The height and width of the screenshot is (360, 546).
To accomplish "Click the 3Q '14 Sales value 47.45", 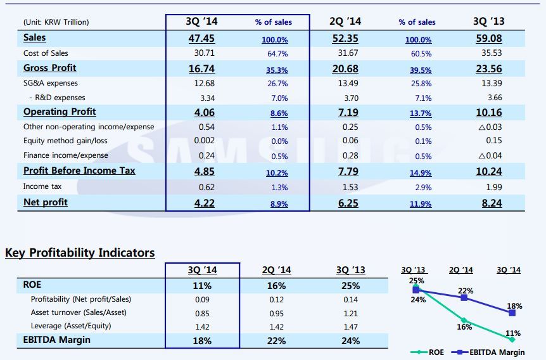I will [201, 38].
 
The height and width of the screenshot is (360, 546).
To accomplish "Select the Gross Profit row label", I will [49, 68].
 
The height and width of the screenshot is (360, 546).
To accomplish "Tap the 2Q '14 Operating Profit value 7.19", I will [345, 112].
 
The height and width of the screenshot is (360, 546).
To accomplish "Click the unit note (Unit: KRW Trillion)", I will [56, 22].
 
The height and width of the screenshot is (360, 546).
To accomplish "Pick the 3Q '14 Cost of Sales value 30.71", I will [201, 53].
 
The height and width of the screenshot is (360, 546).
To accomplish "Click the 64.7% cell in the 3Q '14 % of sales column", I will [277, 54].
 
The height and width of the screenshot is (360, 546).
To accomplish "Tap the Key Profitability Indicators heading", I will [80, 253].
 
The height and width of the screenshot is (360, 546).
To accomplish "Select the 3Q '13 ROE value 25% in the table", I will [350, 286].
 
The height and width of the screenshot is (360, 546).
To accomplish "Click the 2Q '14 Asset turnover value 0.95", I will [276, 312].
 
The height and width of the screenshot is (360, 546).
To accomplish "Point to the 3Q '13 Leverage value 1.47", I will [350, 326].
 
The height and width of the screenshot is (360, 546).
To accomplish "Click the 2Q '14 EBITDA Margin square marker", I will [464, 297].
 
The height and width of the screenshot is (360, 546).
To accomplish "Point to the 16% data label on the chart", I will [464, 328].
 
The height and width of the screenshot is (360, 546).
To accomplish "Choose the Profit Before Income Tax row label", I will [79, 170].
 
